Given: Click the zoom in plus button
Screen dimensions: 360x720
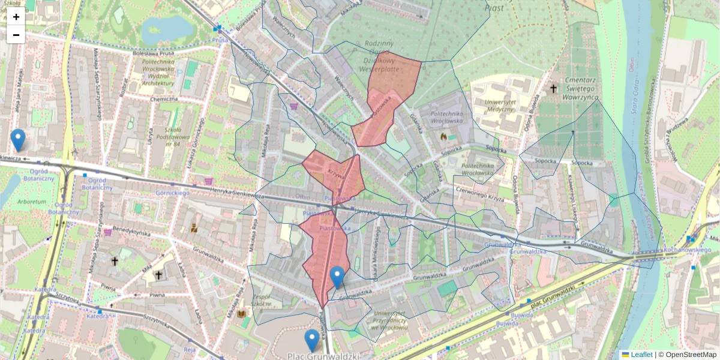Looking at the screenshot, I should [16, 17].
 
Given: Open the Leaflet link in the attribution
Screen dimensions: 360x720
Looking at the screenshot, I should [641, 355].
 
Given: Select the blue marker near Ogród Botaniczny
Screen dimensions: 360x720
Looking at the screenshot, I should [18, 140].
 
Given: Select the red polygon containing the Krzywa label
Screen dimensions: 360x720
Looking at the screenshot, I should [336, 171].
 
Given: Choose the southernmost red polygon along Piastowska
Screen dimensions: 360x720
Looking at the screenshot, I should [324, 252].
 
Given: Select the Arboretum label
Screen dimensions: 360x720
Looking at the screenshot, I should [32, 202].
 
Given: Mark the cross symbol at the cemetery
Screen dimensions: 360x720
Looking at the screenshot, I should [553, 89].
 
